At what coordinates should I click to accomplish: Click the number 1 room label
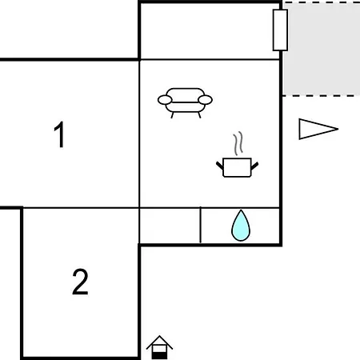(59, 134)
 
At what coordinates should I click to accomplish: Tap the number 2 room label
(80, 282)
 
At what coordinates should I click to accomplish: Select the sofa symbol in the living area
(185, 102)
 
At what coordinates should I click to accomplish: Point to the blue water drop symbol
(241, 226)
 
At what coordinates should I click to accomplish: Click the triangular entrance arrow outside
(318, 129)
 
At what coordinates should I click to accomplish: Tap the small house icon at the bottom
(159, 347)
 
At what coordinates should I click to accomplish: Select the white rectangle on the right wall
(280, 30)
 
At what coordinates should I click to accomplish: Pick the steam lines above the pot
(238, 143)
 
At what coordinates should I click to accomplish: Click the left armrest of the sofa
(165, 100)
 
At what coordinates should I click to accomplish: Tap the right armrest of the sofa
(205, 100)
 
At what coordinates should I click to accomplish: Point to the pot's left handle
(219, 166)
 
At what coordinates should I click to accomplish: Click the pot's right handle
(255, 166)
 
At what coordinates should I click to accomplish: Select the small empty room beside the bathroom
(170, 226)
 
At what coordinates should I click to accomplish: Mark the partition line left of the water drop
(201, 225)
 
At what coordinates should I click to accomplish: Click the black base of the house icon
(159, 356)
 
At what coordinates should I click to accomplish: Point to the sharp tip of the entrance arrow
(338, 129)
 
